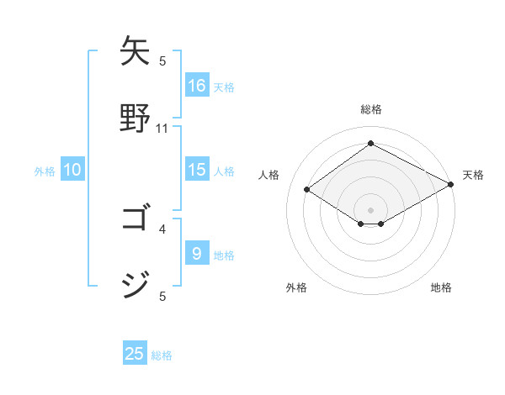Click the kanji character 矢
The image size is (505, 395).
coord(136,52)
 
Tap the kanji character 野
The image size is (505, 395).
coord(136,118)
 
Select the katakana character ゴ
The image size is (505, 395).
coord(136,219)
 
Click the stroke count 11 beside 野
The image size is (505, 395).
coord(162,129)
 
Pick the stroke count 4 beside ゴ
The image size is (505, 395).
coord(162,229)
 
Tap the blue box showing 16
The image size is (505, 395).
coord(197,86)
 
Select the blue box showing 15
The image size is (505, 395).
coord(197,170)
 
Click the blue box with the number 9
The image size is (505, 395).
coord(197,254)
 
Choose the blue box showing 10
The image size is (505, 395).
coord(72,170)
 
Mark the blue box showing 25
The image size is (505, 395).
coord(135,354)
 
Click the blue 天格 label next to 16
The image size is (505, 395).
coord(224,87)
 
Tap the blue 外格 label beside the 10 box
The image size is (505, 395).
coord(45,171)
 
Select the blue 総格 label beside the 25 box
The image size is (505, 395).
coord(162,355)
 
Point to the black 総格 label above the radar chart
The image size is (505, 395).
coord(371,109)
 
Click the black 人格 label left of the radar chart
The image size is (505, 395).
coord(269,175)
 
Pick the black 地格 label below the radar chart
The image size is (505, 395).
coord(441,287)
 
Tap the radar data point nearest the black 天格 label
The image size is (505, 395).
coord(452,185)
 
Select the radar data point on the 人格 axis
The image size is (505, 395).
coord(307,190)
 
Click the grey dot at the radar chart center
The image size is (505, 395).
coord(371,209)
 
